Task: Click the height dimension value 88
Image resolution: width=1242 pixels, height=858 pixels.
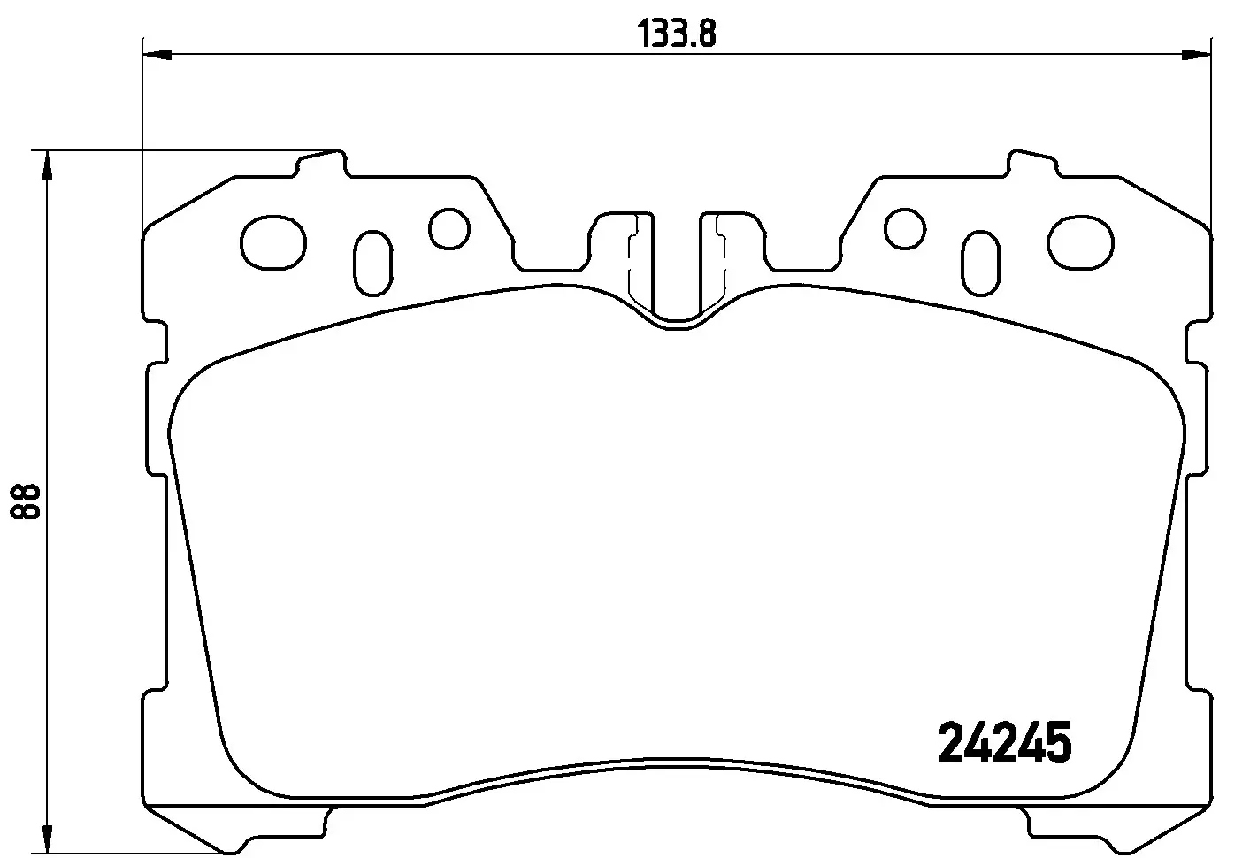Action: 26,502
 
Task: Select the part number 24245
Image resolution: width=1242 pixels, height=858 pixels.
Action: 1004,742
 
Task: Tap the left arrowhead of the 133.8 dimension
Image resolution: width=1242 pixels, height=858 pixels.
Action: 156,56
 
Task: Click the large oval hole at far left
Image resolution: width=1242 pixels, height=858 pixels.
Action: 272,242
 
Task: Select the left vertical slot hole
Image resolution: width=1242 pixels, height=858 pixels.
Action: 372,264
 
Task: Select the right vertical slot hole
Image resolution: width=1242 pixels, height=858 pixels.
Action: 981,264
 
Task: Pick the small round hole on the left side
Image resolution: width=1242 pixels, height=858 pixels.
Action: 448,228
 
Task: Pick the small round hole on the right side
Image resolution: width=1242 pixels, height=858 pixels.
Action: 904,228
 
